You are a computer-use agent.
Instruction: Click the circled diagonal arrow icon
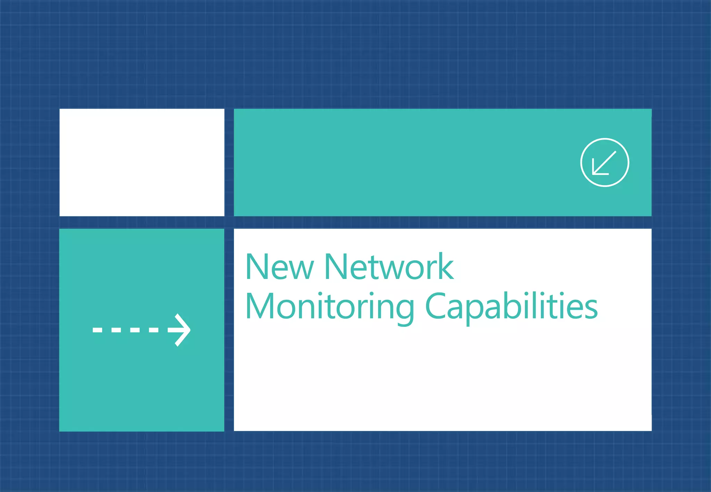(604, 162)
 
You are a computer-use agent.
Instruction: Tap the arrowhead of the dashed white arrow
(181, 330)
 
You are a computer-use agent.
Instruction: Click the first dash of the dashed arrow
(98, 330)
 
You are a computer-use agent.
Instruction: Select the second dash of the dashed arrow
(116, 330)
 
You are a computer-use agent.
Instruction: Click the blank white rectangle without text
(142, 162)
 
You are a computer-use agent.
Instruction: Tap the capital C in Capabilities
(435, 306)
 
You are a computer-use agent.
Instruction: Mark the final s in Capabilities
(591, 309)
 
